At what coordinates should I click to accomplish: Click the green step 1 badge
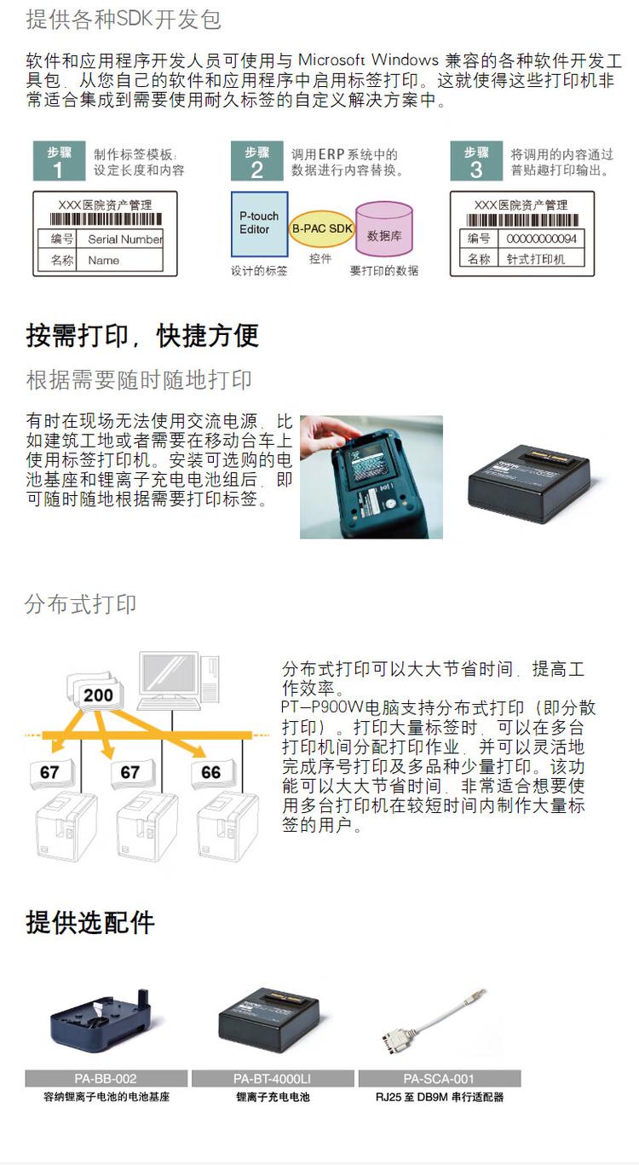(x=59, y=162)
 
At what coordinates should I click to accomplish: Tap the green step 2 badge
(x=256, y=162)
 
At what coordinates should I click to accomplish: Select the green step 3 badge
(x=476, y=162)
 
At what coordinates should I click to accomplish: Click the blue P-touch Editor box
(x=260, y=223)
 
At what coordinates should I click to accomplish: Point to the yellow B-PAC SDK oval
(x=322, y=229)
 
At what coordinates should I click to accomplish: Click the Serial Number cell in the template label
(x=124, y=239)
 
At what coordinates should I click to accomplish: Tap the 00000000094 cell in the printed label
(x=541, y=239)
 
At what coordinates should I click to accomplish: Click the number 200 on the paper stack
(x=98, y=695)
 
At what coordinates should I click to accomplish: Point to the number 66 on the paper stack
(x=211, y=773)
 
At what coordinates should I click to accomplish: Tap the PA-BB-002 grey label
(x=106, y=1078)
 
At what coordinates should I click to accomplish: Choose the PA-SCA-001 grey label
(x=439, y=1078)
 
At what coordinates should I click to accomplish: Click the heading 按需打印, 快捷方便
(x=142, y=335)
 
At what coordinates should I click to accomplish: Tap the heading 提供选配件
(x=90, y=922)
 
